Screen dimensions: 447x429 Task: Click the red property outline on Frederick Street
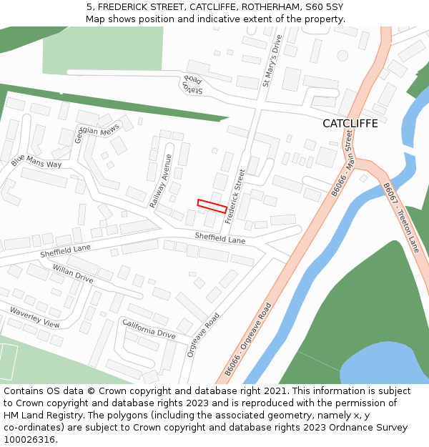[x=212, y=206]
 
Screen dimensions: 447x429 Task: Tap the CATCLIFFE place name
[x=350, y=124]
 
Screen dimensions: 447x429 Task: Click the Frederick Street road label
[x=235, y=197]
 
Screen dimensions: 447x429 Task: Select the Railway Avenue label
[x=161, y=181]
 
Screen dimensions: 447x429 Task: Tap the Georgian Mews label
[x=96, y=134]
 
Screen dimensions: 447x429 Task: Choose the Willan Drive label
[x=72, y=273]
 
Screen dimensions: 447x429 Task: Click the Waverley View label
[x=34, y=317]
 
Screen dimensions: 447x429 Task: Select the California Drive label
[x=149, y=329]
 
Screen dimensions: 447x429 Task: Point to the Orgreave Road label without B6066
[x=203, y=335]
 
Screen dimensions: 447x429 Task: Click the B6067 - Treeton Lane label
[x=400, y=217]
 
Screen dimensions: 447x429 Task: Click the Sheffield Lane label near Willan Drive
[x=66, y=250]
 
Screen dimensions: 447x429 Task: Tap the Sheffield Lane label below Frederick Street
[x=220, y=238]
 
